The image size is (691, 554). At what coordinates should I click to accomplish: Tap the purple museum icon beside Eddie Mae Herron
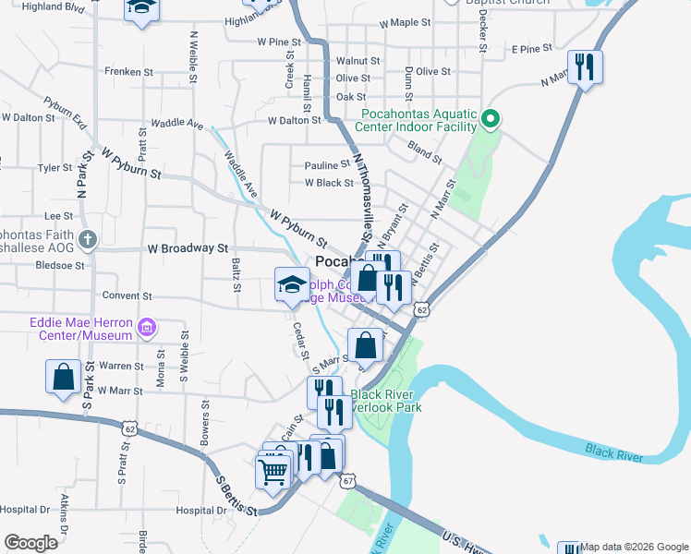click(x=145, y=327)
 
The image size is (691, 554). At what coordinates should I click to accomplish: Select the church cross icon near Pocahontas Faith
click(x=87, y=240)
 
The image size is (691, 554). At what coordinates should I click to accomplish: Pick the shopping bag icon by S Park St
click(x=63, y=377)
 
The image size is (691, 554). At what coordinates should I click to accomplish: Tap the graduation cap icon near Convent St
click(x=292, y=283)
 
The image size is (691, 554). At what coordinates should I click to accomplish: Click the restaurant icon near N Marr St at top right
click(x=585, y=66)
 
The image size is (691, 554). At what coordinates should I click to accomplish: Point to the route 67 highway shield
click(x=347, y=481)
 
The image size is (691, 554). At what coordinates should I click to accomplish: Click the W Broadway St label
click(x=188, y=248)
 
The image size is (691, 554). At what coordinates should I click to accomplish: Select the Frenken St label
click(x=128, y=71)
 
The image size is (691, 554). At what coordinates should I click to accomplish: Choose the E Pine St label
click(x=536, y=48)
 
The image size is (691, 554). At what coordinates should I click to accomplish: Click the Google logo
click(x=30, y=543)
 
